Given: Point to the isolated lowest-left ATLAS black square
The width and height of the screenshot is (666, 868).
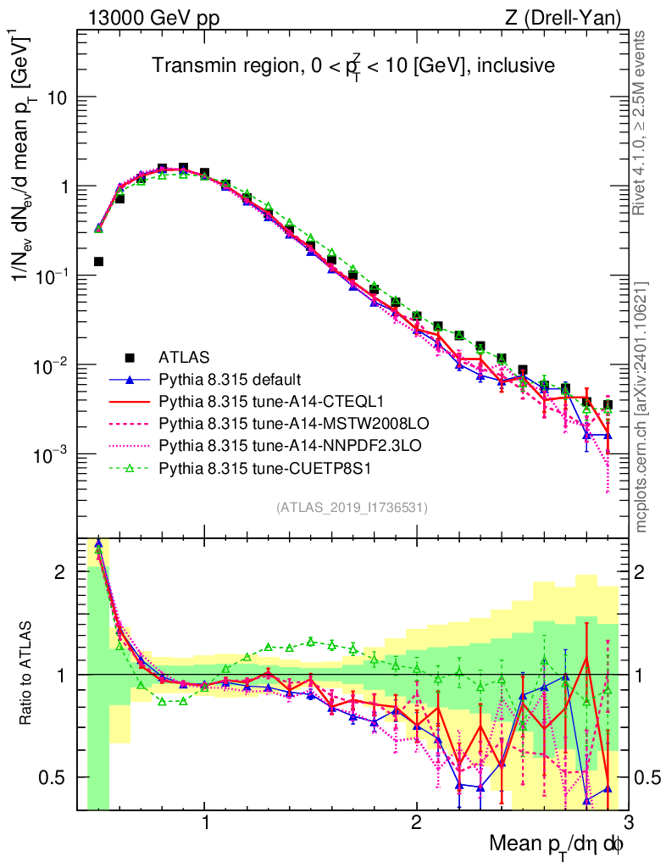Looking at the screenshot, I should pos(98,261).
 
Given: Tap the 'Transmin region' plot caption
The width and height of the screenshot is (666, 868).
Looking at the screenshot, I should pos(352,65).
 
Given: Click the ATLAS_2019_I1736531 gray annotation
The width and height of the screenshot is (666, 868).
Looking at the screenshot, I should pos(352,508).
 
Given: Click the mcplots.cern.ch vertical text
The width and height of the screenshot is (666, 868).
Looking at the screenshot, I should pos(642,407).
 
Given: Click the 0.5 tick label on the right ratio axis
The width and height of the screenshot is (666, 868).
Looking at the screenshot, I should pos(650,777).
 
